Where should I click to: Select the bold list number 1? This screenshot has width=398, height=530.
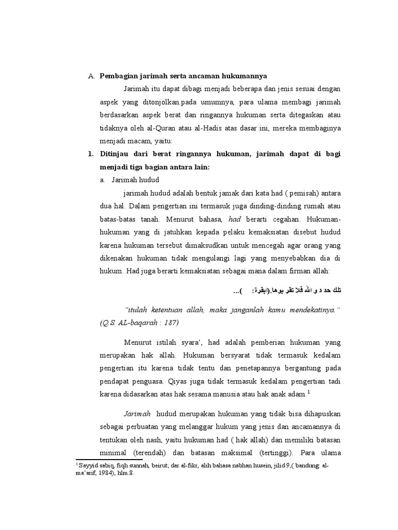click(90, 155)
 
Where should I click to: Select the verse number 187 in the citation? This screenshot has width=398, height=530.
click(169, 322)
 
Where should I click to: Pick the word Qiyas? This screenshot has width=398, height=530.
click(179, 381)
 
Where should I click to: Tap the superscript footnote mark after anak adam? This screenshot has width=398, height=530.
click(308, 392)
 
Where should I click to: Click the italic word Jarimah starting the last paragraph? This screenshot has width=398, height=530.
click(137, 415)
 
